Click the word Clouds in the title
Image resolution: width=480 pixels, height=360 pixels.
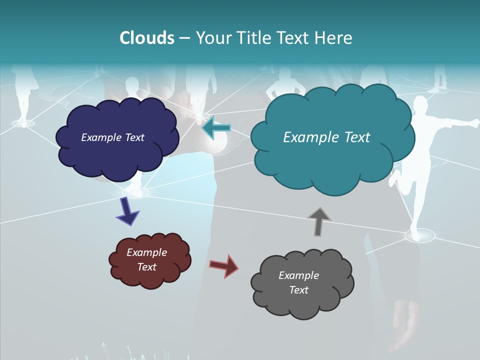click(146, 38)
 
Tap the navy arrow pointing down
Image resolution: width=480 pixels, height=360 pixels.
click(128, 210)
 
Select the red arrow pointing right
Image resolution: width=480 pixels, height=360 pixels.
click(223, 265)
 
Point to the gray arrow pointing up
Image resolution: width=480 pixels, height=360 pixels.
click(319, 221)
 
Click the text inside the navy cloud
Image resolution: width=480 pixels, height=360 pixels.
click(112, 137)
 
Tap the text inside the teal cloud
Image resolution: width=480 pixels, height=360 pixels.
click(326, 137)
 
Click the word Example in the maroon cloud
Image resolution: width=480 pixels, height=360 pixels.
click(146, 252)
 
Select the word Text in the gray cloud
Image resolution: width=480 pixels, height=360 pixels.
click(298, 290)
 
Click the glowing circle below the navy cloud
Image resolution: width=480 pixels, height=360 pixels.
click(135, 192)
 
